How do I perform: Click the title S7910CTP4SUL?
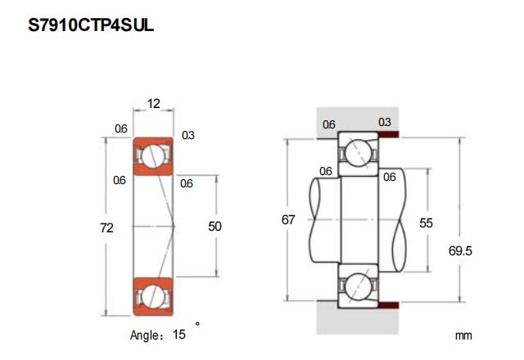tap(91, 25)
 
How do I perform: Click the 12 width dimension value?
tap(152, 104)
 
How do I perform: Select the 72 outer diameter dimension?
tap(106, 227)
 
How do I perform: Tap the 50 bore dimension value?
tap(215, 227)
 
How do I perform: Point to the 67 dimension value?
tap(287, 220)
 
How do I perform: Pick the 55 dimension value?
tap(426, 222)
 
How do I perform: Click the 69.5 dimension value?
tap(461, 251)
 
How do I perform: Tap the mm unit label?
tap(464, 335)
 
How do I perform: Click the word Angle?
tap(148, 335)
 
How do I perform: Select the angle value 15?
tap(178, 334)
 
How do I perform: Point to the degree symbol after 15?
tap(196, 324)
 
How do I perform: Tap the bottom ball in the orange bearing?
tap(152, 294)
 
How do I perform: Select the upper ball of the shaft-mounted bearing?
tap(358, 152)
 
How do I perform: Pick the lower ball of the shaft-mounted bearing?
tap(358, 288)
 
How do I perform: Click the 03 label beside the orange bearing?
tap(187, 135)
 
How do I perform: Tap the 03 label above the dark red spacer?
tap(384, 122)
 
